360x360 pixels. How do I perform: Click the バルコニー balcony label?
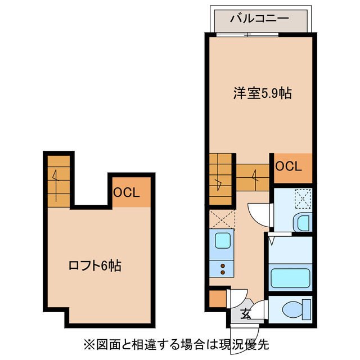point(259,19)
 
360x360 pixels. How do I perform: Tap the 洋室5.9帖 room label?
point(262,93)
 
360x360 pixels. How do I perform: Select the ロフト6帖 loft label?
point(95,265)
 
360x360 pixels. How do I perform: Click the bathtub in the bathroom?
point(290,278)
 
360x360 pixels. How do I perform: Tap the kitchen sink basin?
point(223,242)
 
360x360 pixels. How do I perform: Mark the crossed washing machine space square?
point(303,199)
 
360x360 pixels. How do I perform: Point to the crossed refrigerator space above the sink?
point(222,218)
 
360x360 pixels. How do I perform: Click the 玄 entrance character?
point(246,314)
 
